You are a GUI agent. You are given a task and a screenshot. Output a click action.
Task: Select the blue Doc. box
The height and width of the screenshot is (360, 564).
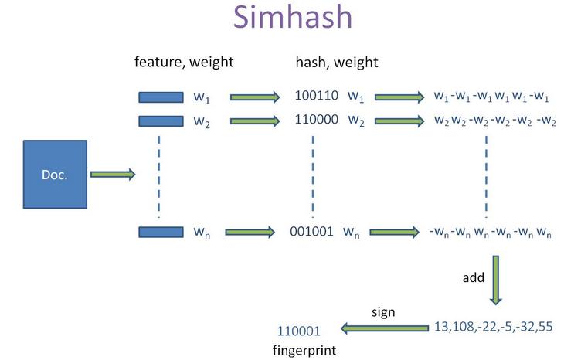pos(54,175)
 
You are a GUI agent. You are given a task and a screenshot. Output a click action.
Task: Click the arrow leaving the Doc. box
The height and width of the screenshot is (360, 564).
pos(113,175)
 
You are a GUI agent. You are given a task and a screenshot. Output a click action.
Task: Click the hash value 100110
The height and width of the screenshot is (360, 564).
pos(316,97)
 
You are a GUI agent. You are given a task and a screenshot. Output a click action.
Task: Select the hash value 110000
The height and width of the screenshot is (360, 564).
pos(316,121)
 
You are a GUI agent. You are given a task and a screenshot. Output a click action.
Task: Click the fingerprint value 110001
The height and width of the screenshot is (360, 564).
pos(298,330)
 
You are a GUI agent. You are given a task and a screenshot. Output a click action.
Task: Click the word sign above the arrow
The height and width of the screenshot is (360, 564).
pos(384,312)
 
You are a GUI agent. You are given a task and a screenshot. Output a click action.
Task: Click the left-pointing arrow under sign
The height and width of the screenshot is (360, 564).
pos(384,328)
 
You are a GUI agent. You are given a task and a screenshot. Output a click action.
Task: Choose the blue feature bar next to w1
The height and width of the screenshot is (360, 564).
pos(160,97)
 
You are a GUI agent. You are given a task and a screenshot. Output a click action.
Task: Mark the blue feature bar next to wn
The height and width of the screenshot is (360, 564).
pos(160,231)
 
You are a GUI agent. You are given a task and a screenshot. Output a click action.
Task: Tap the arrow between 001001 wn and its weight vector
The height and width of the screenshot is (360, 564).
pos(396,231)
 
